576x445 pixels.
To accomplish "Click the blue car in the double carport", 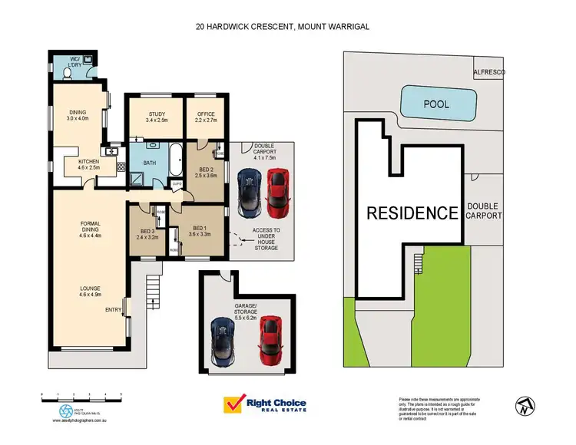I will tap(249, 193).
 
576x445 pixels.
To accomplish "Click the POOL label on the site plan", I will tap(436, 104).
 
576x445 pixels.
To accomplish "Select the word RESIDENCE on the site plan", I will tap(412, 213).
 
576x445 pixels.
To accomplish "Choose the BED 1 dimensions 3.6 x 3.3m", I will tap(200, 234).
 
